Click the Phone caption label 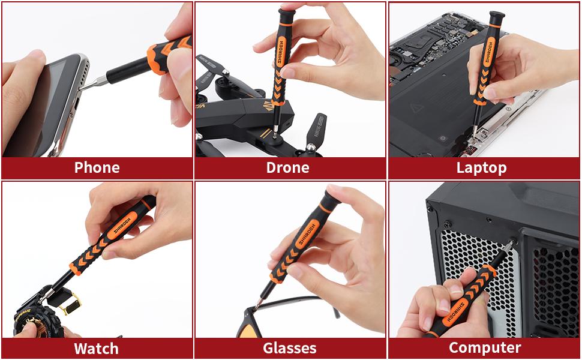coord(97,167)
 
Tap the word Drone coord(288,167)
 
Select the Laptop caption coord(481,167)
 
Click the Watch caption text coord(96,348)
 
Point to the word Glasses coord(289,348)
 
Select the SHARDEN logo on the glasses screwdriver coord(308,232)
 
